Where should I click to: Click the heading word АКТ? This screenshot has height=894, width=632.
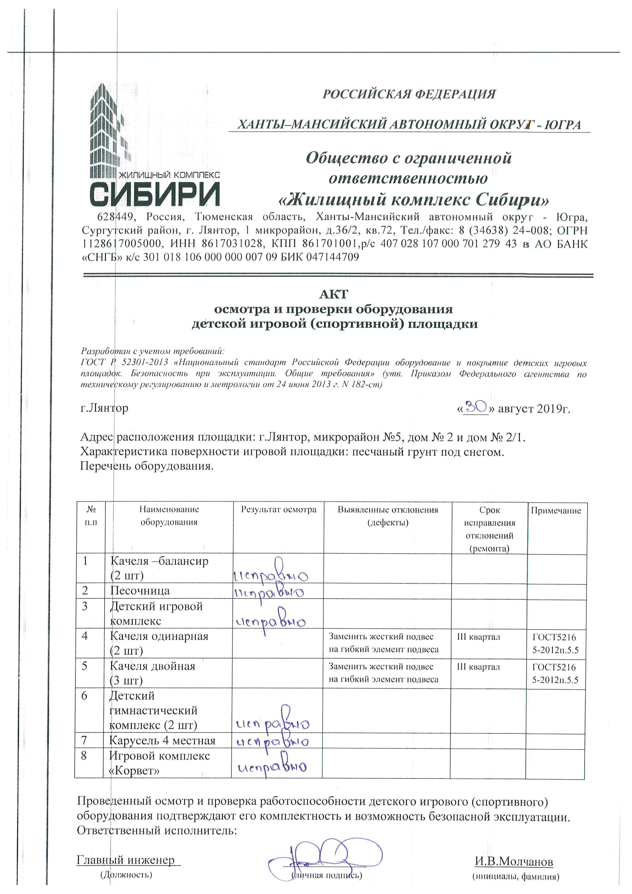click(334, 294)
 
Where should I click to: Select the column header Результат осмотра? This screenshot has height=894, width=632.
click(279, 510)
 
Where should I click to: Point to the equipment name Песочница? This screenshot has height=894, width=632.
click(140, 591)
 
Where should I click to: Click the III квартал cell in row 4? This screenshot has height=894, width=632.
click(478, 637)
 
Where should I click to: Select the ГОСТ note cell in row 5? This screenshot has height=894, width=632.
click(555, 673)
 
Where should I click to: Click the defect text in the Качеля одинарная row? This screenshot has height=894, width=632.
click(383, 643)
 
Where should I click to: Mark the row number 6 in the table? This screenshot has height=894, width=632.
click(84, 696)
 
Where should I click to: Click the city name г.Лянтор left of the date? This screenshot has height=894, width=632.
click(104, 408)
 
